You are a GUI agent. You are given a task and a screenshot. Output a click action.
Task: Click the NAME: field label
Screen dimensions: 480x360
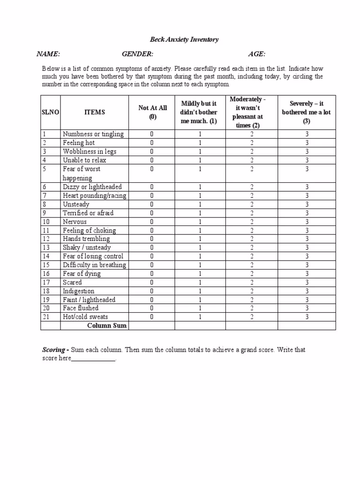[x=49, y=54]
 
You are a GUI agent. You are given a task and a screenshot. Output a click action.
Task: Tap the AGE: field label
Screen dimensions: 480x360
[x=257, y=54]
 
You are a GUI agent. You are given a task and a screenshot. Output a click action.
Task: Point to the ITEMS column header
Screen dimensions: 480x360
[x=94, y=112]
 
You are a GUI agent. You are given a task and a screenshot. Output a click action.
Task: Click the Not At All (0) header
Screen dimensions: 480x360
[x=152, y=112]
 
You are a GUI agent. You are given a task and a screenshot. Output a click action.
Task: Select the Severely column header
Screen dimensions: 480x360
[x=307, y=112]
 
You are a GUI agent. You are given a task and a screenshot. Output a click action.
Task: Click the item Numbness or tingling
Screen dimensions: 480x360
[x=93, y=134]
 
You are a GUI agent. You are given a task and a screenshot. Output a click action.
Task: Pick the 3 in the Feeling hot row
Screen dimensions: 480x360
[x=307, y=143]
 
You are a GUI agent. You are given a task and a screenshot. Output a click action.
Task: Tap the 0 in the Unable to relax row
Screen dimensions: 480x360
[x=152, y=160]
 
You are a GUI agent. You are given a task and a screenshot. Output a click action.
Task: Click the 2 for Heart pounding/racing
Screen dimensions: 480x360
[x=252, y=195]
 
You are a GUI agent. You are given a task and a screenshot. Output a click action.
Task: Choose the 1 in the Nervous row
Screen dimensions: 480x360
[x=200, y=222]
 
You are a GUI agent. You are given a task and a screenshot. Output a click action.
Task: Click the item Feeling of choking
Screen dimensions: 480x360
[x=89, y=231]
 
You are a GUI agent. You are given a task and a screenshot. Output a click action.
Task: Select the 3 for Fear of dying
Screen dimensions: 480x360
[x=307, y=274]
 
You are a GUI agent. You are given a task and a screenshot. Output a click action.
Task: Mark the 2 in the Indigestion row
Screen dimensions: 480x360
[x=252, y=291]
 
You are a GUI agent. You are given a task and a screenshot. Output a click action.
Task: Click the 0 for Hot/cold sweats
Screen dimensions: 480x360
[x=152, y=317]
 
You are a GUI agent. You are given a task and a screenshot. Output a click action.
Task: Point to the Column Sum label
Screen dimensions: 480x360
[x=107, y=325]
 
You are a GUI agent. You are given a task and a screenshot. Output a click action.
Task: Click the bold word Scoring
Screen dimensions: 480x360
[x=54, y=350]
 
